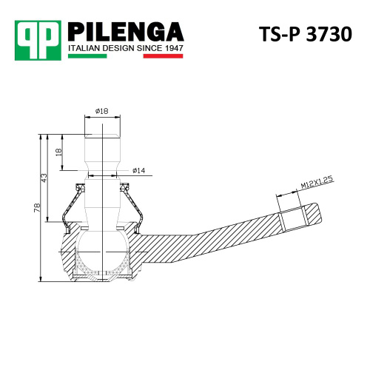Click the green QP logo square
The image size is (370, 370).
(x=38, y=41)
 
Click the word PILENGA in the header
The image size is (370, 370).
(x=126, y=32)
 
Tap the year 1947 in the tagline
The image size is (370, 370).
(x=173, y=48)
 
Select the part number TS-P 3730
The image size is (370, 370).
(x=306, y=34)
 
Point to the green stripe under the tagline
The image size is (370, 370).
(x=87, y=56)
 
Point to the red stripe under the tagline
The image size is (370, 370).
(x=163, y=56)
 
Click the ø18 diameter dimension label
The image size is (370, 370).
(x=101, y=111)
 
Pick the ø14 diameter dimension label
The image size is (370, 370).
(x=138, y=170)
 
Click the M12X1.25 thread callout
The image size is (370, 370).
(x=317, y=183)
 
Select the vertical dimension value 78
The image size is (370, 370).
(x=37, y=207)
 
